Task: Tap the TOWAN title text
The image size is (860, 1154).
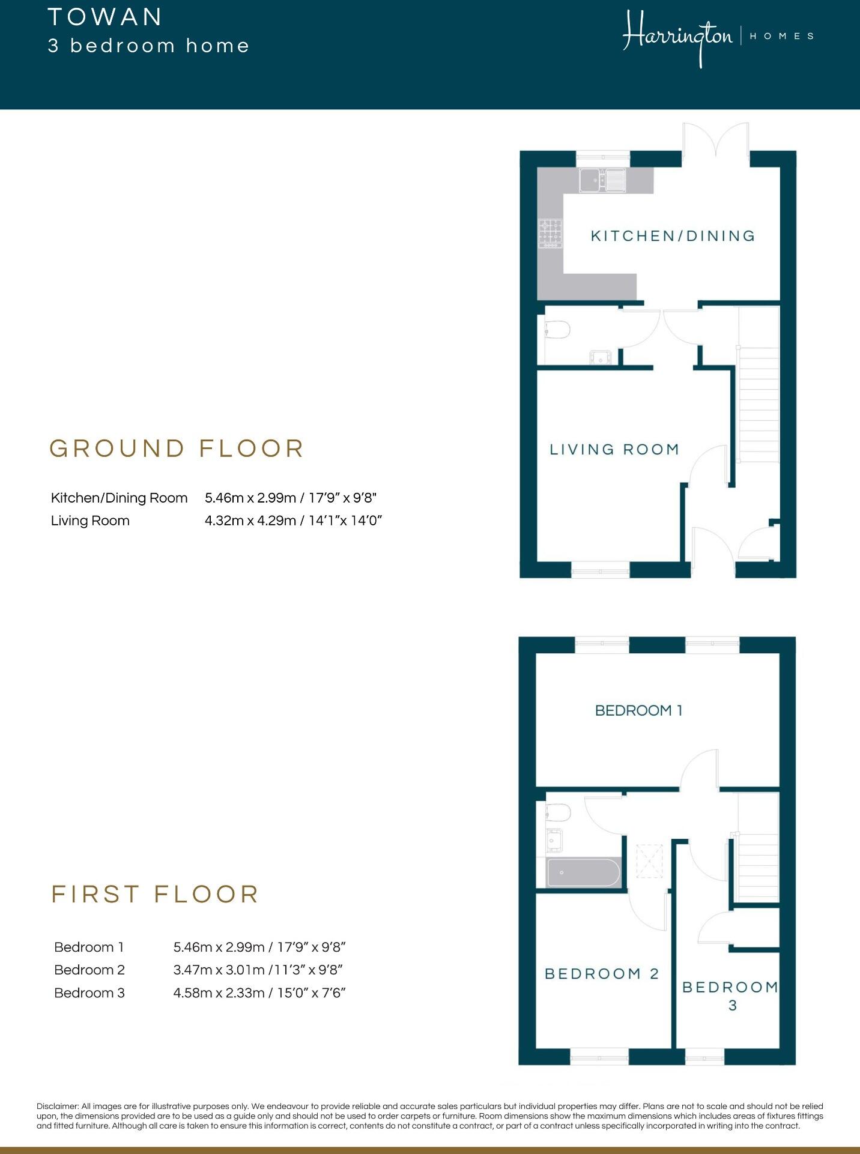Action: tap(105, 17)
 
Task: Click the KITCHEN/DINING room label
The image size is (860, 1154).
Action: tap(673, 236)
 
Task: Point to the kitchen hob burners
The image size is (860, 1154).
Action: tap(551, 234)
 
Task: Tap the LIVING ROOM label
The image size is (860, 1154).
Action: tap(614, 449)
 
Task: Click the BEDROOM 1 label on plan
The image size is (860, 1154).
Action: tap(638, 710)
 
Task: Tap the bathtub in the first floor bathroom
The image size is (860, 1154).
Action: tap(583, 872)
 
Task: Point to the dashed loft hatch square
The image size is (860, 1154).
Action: tap(649, 860)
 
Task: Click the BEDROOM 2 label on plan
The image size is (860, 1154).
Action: tap(601, 973)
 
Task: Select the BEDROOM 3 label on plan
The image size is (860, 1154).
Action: tap(730, 995)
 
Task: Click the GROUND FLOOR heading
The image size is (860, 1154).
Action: tap(177, 449)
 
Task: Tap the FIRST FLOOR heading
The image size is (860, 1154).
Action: tap(155, 894)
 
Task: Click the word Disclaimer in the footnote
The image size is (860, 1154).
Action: tap(58, 1106)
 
